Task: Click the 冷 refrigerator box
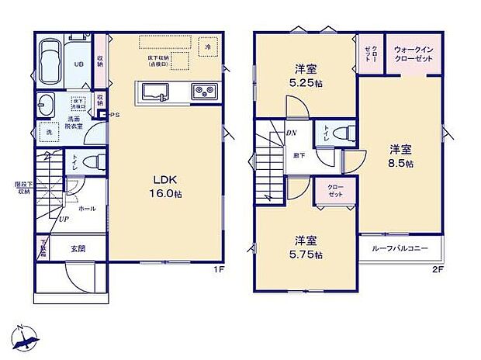(208, 47)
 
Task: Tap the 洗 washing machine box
(47, 132)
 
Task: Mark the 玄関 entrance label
(79, 248)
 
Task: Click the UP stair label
(63, 220)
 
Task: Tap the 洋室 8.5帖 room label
(401, 157)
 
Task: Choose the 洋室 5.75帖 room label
(308, 246)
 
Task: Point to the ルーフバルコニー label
(400, 251)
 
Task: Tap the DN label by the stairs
(292, 133)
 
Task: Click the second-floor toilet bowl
(346, 133)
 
